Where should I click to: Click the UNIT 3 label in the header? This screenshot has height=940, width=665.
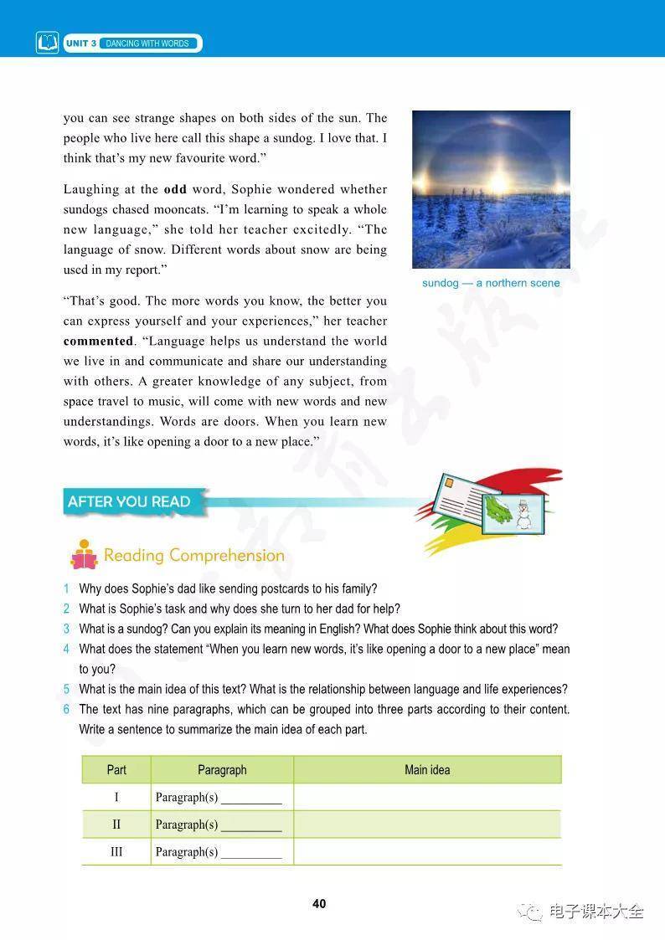pos(81,43)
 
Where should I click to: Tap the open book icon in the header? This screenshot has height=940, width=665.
pos(48,43)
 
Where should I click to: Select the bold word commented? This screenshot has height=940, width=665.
pos(99,342)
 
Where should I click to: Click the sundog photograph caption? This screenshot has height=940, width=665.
pos(491,283)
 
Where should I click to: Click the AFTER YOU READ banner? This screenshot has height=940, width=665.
pos(129,501)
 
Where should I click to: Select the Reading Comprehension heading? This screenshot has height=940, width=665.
pos(194,556)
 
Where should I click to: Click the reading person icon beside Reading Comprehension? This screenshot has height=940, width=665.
pos(84,555)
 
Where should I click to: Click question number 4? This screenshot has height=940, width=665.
pos(66,649)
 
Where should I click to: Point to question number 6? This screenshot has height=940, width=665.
pos(66,709)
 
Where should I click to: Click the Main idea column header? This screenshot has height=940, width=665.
pos(427,770)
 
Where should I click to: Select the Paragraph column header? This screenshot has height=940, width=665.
pos(222,770)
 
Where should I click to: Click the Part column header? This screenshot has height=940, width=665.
pos(116,770)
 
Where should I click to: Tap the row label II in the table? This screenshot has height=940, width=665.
pos(116,824)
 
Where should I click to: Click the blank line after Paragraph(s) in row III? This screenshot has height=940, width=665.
pos(251,854)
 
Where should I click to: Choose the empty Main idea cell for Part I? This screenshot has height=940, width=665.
pos(427,797)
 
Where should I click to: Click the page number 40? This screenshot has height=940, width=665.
pos(319,904)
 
